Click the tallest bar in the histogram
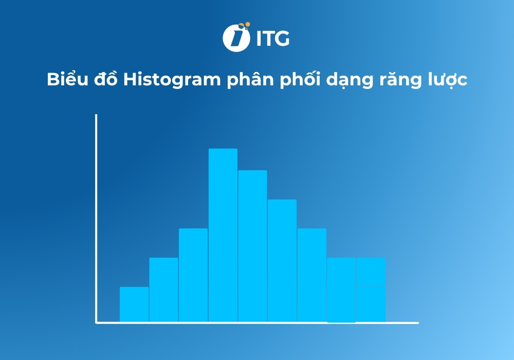click(223, 235)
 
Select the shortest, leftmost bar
click(134, 304)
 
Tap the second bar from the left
click(163, 290)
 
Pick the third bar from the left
click(193, 275)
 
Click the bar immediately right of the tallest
click(252, 246)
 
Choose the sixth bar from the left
click(282, 261)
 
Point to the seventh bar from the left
click(311, 275)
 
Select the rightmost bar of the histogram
click(371, 290)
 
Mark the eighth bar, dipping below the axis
click(341, 290)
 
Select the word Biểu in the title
click(63, 81)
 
